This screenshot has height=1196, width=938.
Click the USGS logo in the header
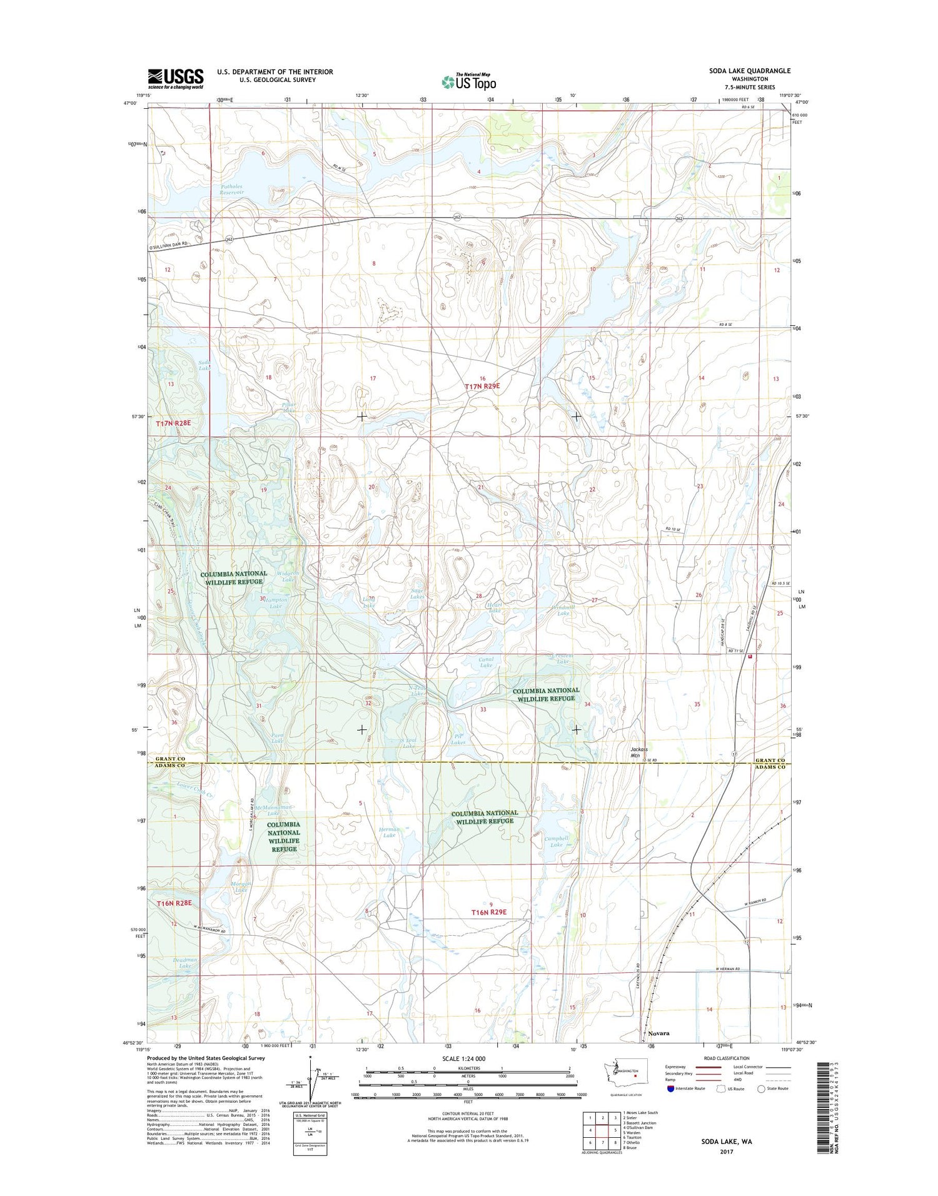click(176, 78)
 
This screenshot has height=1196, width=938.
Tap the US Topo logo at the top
click(469, 81)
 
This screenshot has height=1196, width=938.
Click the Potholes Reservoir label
click(231, 190)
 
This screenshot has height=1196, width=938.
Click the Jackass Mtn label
click(638, 752)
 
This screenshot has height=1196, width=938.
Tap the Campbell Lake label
click(556, 841)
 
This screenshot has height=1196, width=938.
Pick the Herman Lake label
click(389, 832)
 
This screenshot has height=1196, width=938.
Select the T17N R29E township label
click(482, 387)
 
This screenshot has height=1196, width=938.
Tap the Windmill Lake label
click(562, 610)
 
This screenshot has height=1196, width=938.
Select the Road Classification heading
click(727, 1058)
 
